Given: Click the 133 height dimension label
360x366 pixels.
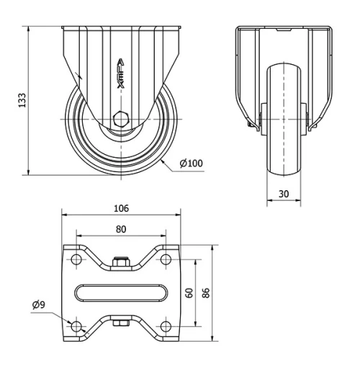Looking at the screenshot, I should coord(21,100).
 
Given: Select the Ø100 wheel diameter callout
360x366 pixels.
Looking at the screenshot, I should coord(191,164).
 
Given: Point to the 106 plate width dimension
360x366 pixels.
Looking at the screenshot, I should coord(121,208).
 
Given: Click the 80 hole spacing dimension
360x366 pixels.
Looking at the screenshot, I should coord(121,229).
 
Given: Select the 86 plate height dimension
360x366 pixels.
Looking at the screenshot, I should coord(206,293).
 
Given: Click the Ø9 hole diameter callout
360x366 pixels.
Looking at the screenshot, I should coord(39,305).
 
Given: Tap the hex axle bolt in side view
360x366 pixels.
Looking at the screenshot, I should coord(120,119).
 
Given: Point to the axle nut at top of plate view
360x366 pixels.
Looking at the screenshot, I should coord(121,263).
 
